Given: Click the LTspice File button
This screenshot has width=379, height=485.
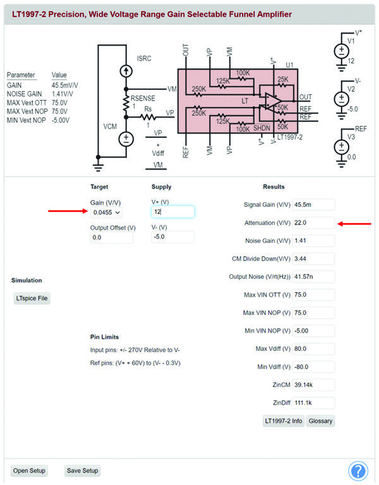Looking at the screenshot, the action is [x=32, y=298].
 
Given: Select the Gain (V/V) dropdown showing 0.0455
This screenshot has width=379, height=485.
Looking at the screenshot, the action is [x=106, y=212].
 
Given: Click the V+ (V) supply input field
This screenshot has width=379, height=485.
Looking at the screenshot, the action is [x=172, y=212].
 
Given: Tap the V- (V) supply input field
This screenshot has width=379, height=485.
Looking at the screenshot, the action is [x=172, y=237].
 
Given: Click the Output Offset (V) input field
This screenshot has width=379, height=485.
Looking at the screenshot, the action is [x=112, y=238].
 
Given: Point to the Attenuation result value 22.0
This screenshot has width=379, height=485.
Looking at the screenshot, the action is [x=313, y=223].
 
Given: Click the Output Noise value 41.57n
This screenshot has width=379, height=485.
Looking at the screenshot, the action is [x=313, y=276].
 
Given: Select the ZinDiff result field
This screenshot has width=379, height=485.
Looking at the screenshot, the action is [x=313, y=403].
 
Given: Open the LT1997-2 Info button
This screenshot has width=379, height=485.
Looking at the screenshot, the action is [x=284, y=421].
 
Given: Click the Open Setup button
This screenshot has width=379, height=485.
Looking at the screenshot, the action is [x=29, y=470].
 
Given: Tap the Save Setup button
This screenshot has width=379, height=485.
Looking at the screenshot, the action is [x=83, y=470].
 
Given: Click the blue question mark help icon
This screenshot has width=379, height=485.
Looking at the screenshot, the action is [x=358, y=470].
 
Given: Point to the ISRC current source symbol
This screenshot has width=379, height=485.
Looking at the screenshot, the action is [x=126, y=71].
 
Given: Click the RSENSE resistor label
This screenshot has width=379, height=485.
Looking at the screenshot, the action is [x=143, y=99].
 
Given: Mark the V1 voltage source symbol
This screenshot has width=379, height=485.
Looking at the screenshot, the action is [x=342, y=51].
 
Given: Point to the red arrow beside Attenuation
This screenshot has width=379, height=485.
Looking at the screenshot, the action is [x=354, y=224].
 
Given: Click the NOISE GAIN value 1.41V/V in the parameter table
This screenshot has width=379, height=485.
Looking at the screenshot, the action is [x=62, y=94].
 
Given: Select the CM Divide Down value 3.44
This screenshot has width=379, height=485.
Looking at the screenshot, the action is [x=313, y=259].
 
